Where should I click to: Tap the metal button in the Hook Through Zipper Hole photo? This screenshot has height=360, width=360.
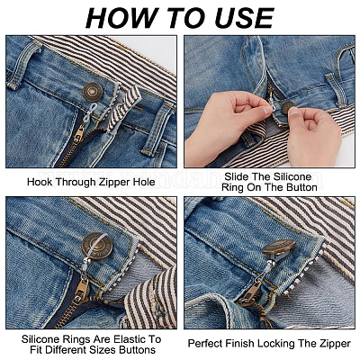coord(93,91)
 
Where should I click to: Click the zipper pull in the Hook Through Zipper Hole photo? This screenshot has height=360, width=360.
coord(79,135)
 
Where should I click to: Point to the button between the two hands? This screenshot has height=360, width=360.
coord(288,107)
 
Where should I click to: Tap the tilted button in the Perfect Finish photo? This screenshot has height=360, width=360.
coord(279,247)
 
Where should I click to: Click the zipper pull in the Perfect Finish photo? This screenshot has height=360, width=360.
coord(250,292)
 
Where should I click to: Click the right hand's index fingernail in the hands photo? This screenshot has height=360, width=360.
coord(294,112)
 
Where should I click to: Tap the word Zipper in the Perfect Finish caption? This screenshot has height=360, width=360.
coord(335,344)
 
